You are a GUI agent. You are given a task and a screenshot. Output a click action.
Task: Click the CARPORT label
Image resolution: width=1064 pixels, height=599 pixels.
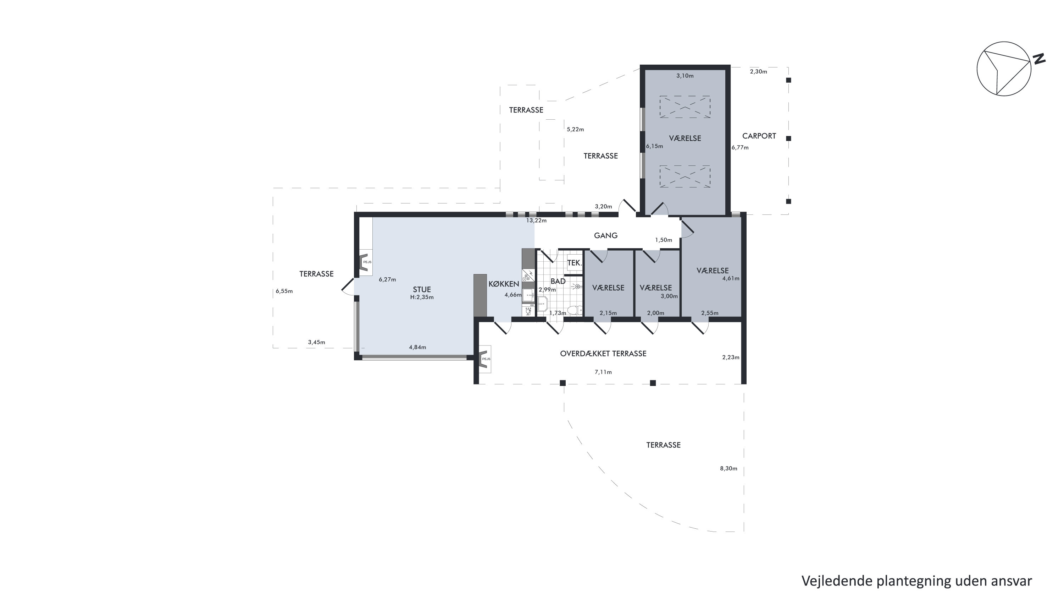759,136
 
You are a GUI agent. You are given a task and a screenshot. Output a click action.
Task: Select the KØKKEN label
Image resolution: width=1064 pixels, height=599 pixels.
504,284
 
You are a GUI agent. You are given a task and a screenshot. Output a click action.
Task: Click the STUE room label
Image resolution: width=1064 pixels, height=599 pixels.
422,289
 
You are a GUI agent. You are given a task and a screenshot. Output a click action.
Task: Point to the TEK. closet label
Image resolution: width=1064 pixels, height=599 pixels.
574,263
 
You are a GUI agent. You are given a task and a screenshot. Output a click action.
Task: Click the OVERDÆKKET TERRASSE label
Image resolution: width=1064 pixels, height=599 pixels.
603,353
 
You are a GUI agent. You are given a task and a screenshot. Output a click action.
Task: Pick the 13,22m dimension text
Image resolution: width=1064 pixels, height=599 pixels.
536,221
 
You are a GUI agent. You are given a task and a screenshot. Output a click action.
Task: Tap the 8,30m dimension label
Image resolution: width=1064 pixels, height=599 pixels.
728,468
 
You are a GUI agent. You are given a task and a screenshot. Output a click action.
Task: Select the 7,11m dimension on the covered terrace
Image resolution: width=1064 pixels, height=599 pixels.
603,372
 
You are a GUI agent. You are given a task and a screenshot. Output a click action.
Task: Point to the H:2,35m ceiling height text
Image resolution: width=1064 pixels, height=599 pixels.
422,297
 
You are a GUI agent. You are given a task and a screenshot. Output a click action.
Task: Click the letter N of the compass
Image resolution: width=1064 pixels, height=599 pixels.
1039,59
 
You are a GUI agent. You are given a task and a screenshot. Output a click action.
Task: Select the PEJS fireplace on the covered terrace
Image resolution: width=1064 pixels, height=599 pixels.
485,359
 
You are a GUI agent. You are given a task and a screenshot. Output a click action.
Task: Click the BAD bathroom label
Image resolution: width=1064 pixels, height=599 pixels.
558,281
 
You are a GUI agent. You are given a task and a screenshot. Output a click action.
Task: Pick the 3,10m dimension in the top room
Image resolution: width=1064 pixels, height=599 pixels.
685,76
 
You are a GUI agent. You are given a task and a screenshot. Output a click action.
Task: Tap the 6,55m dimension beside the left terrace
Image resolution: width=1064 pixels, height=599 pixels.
284,292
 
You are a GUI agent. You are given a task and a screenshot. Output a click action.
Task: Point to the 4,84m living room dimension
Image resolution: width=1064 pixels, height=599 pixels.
417,347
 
